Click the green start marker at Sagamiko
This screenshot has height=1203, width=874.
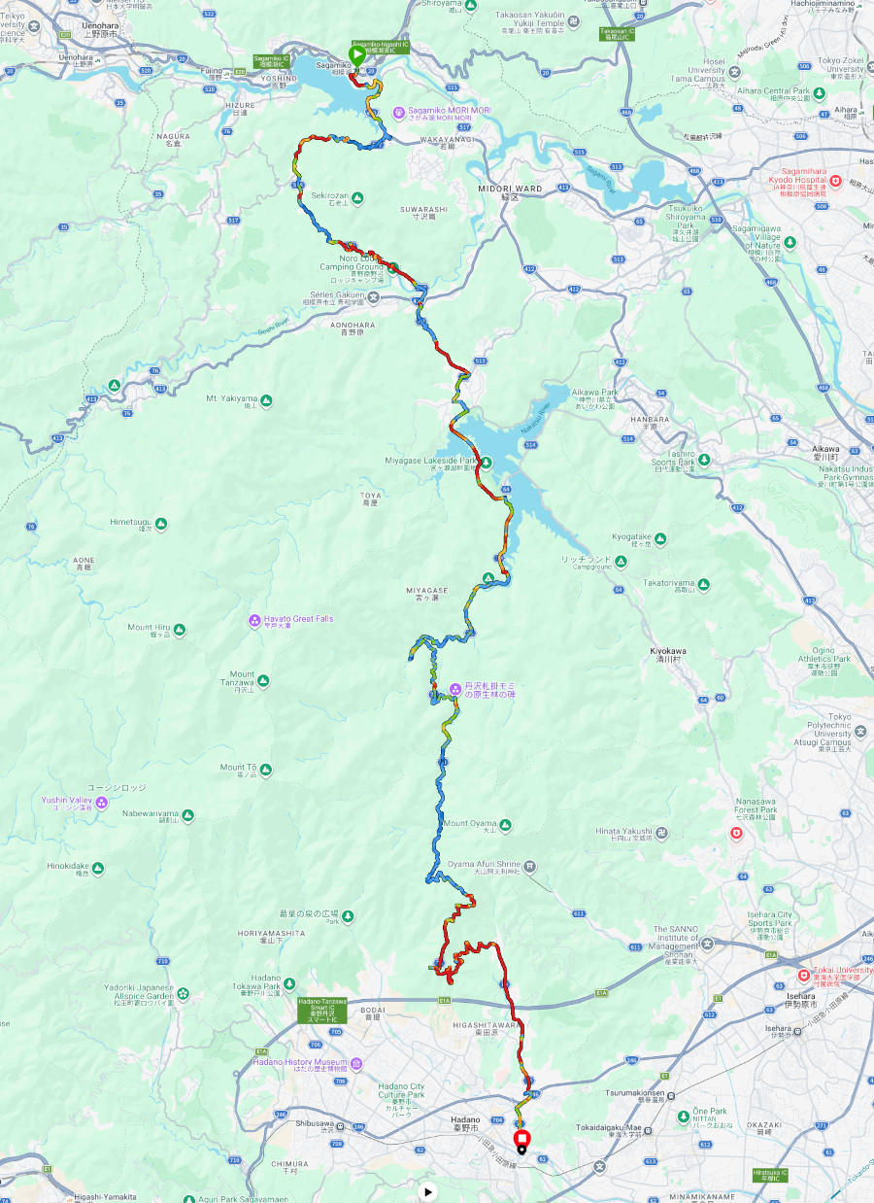pos(357,55)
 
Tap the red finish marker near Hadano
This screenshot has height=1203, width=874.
pos(521,1138)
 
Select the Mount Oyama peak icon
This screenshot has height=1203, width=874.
pos(504,825)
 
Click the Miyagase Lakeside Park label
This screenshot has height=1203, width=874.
pos(430,461)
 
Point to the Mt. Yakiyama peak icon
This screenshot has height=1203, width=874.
pos(266,399)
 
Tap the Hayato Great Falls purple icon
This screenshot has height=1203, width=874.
pos(254,619)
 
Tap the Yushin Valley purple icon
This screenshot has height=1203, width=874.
pos(102,801)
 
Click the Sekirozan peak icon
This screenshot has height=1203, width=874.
pos(357,197)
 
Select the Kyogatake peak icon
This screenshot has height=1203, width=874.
pos(660,537)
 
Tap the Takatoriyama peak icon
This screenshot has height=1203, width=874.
pos(703,584)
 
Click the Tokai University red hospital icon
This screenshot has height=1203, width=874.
pos(803,975)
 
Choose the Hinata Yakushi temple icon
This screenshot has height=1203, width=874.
pos(661,832)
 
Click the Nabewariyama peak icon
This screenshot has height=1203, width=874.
pos(187,814)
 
